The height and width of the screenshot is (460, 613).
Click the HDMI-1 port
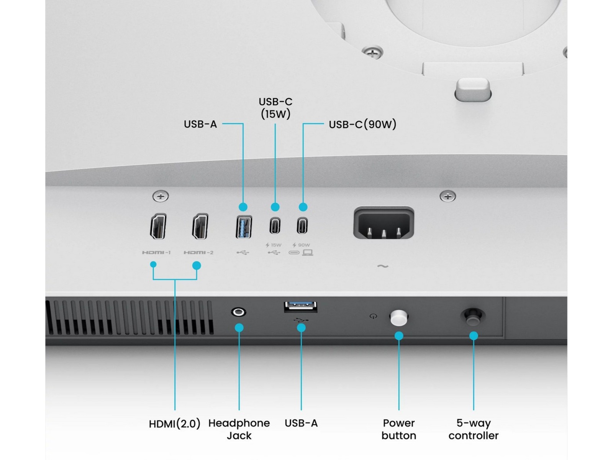coord(158,227)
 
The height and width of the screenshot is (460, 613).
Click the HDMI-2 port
coord(200,227)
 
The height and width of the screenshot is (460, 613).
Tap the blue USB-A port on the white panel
coord(244,227)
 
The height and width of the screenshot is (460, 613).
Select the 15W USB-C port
coord(275,225)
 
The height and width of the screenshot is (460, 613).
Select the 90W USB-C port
coord(302,225)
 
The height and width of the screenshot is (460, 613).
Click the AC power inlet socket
coord(384,223)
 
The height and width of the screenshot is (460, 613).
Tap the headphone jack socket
coord(239,312)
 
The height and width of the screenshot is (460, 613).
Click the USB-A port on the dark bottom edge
coord(301,306)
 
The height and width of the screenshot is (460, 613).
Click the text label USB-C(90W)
coord(362,124)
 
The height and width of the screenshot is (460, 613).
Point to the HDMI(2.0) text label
coord(175,424)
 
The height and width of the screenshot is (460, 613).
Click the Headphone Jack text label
coord(239,429)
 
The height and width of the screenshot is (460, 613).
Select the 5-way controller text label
coord(474,429)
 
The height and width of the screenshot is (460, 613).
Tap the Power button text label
coord(399,429)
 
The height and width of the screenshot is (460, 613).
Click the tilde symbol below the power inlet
coord(383,266)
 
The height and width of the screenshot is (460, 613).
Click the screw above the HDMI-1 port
coord(161,196)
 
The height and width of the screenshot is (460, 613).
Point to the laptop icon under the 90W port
coord(308,253)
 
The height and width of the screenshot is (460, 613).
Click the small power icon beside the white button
coord(374,317)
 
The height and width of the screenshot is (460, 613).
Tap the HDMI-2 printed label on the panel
coord(198,253)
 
